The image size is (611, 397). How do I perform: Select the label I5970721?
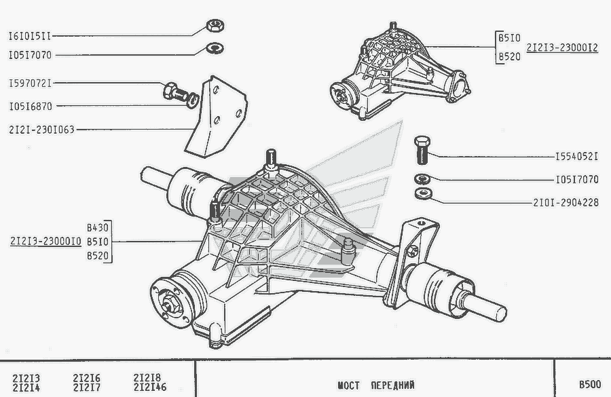click(30, 83)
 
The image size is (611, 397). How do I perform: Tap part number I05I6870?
click(30, 107)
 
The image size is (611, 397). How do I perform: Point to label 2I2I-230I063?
click(42, 128)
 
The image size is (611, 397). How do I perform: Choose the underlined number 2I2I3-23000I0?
click(45, 241)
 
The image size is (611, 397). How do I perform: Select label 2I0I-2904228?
click(566, 202)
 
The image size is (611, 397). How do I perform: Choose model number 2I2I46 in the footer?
click(149, 388)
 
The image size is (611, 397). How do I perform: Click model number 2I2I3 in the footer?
click(26, 378)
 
